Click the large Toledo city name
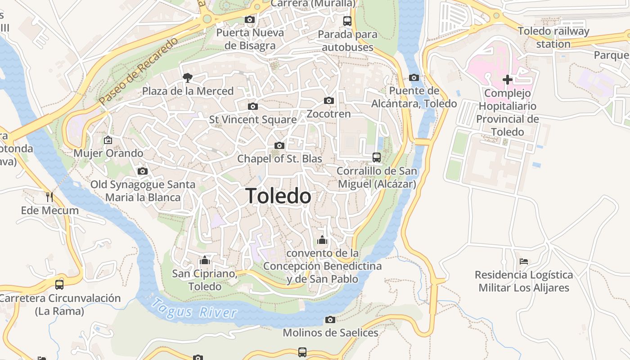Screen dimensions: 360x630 click(279, 196)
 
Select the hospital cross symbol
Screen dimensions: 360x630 click(508, 80)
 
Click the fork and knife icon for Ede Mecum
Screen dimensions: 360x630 click(49, 197)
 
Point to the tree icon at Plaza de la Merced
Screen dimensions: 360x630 click(187, 78)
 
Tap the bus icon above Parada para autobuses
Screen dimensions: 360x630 click(347, 21)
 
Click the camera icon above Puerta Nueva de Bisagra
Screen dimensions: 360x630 click(249, 19)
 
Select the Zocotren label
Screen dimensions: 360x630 click(328, 114)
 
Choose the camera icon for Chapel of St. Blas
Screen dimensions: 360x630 click(279, 145)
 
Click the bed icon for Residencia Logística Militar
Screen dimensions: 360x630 click(524, 261)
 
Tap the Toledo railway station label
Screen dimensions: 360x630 click(553, 37)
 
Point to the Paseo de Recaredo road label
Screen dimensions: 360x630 click(139, 71)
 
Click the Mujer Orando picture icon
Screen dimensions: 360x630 click(108, 140)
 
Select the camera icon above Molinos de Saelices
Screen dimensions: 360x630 click(330, 319)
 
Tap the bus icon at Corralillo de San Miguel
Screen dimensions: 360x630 click(377, 157)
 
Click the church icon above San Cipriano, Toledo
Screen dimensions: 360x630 click(205, 260)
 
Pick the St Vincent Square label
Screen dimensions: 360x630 click(253, 120)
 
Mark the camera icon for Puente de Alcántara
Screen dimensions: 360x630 click(414, 77)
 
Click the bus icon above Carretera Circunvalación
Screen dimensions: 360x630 click(59, 284)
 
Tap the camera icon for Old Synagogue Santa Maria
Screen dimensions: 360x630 click(143, 171)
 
